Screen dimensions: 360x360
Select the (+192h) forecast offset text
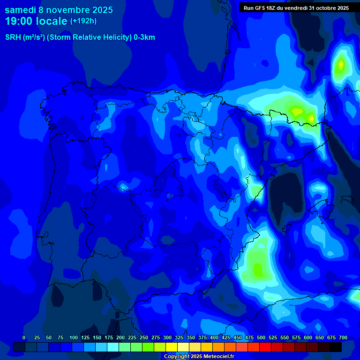83,21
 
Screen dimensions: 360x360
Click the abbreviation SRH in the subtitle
13,37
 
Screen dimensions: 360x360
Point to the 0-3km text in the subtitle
144,37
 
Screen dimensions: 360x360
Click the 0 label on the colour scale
24,337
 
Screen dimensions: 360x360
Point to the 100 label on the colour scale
74,337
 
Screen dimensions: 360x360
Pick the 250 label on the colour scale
144,337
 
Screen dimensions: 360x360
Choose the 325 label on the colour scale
179,337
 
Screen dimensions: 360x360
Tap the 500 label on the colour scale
261,337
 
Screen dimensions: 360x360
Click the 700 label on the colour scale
343,337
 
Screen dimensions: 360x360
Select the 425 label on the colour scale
226,337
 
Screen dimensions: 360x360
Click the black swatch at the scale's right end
336,347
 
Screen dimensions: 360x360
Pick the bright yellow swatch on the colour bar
172,347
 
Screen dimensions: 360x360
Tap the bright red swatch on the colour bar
265,347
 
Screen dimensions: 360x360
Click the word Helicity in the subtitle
112,37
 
